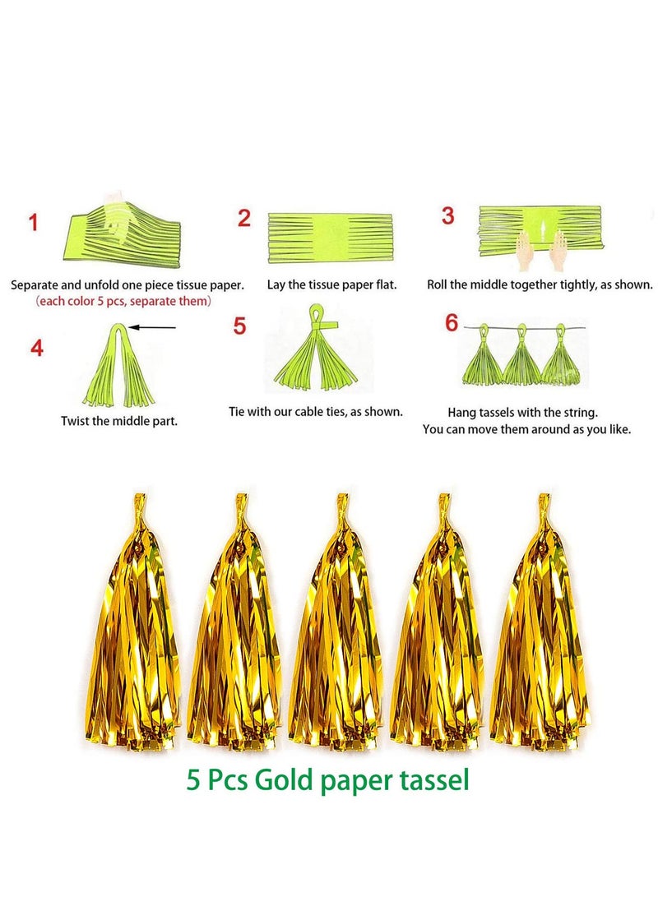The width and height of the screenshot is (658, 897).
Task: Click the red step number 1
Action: pos(34,222)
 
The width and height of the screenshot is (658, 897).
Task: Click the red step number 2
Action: pos(243,219)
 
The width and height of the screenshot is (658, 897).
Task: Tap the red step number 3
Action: pos(447,216)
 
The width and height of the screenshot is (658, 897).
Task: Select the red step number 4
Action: pos(37,348)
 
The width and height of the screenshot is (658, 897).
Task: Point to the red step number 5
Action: pos(239,326)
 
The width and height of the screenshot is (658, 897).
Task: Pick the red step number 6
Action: pos(452,323)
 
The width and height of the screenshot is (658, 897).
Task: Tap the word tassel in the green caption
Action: pos(432,779)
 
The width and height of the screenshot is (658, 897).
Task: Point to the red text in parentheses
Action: pos(123,302)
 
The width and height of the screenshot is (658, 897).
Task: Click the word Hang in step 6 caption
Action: pos(461,413)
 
